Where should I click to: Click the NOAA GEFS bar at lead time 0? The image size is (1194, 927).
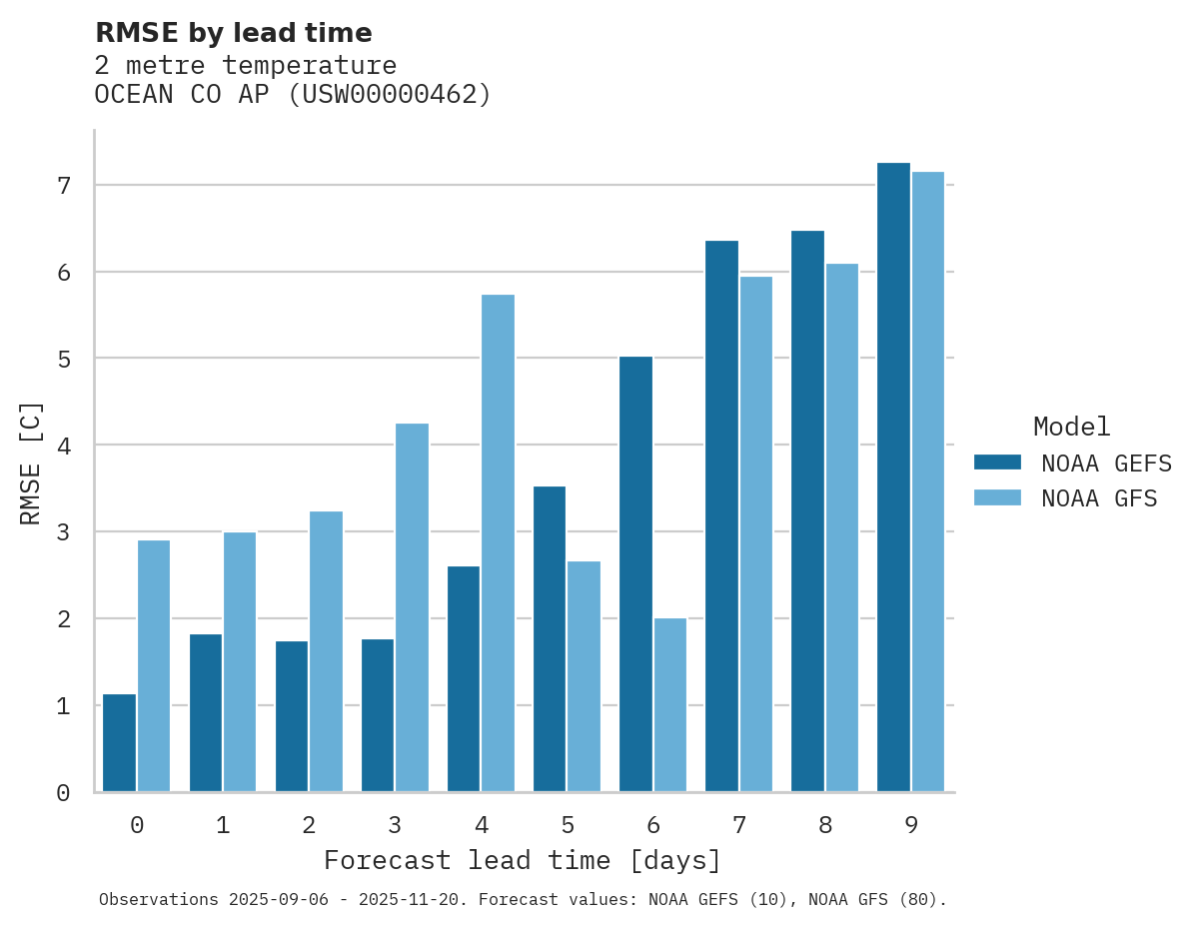[119, 743]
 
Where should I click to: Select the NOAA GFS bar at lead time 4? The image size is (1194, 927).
[498, 543]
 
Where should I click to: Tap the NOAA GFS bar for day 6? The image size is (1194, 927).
[669, 705]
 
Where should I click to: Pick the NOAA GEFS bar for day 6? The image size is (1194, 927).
[635, 574]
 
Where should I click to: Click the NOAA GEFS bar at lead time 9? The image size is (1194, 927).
[893, 477]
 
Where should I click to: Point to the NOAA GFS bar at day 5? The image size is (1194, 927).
[584, 676]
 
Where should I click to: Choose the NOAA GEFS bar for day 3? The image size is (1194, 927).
[378, 715]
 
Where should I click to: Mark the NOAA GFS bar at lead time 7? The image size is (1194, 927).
[755, 534]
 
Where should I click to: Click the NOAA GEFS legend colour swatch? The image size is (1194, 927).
[997, 463]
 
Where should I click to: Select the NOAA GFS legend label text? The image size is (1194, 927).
[1099, 498]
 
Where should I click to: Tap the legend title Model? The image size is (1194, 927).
[1071, 428]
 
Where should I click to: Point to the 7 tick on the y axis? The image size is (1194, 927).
[64, 186]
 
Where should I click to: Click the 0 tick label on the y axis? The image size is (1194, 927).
[64, 793]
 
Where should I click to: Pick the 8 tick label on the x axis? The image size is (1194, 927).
[825, 826]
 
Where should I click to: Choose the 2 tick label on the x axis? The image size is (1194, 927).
[309, 826]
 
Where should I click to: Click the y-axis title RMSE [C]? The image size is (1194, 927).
[32, 463]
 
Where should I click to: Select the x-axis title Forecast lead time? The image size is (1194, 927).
[522, 861]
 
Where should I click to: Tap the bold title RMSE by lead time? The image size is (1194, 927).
[233, 33]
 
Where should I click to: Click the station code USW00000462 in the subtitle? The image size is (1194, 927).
[391, 95]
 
